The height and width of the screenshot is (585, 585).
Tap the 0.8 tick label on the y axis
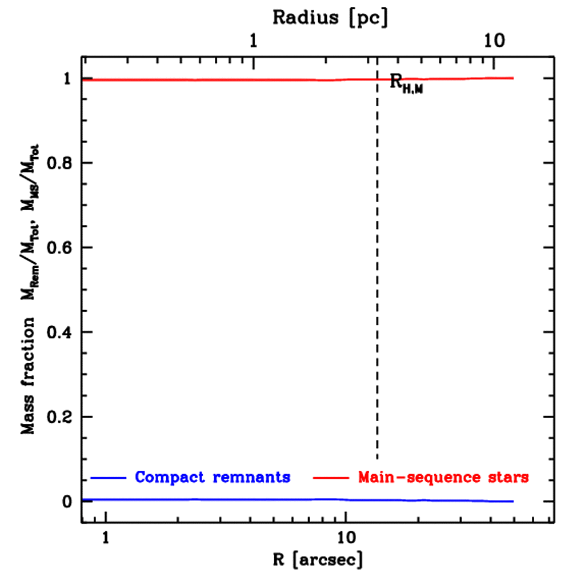coord(58,163)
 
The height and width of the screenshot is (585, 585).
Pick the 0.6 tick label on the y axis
coord(58,248)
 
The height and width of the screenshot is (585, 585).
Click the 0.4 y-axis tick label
coord(58,332)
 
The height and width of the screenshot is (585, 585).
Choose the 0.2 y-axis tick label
coord(58,417)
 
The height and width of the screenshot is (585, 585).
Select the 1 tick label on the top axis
coord(253,42)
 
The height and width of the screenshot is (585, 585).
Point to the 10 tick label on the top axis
coord(493,42)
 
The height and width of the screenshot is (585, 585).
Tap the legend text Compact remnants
coord(213,477)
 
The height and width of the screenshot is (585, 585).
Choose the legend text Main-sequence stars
coord(443,477)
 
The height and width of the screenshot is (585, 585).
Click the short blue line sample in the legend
coord(109,477)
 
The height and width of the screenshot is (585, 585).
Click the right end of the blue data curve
coord(513,501)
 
